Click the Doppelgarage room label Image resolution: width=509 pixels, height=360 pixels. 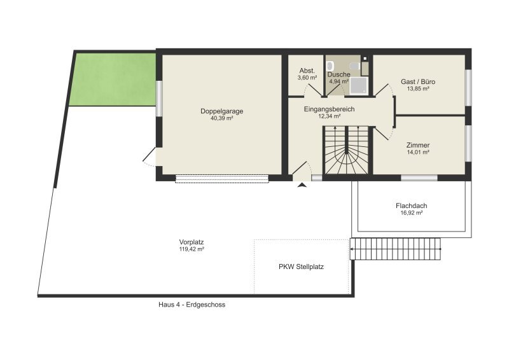tap(221, 111)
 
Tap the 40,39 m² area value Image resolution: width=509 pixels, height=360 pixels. tap(221, 118)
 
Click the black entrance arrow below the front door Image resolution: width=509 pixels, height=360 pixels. tap(302, 185)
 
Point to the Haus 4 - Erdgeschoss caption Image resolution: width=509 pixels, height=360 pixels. tap(192, 305)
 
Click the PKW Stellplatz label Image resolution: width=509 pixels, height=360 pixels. tap(301, 267)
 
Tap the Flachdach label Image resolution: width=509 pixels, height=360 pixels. tap(411, 206)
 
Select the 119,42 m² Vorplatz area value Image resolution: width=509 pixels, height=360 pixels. tap(192, 249)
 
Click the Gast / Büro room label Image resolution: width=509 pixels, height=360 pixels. tap(418, 81)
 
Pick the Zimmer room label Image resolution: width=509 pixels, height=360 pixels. tap(418, 145)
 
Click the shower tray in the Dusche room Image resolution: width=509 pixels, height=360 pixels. tap(359, 86)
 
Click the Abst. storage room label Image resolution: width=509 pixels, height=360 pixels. tap(307, 71)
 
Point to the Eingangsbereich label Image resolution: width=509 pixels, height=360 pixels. tap(329, 109)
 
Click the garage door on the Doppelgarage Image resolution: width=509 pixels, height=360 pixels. tap(222, 179)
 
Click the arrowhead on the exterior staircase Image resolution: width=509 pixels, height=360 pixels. tap(352, 249)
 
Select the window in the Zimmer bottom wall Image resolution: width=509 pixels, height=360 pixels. tap(419, 178)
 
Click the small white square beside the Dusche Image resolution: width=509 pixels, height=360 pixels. tap(365, 59)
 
